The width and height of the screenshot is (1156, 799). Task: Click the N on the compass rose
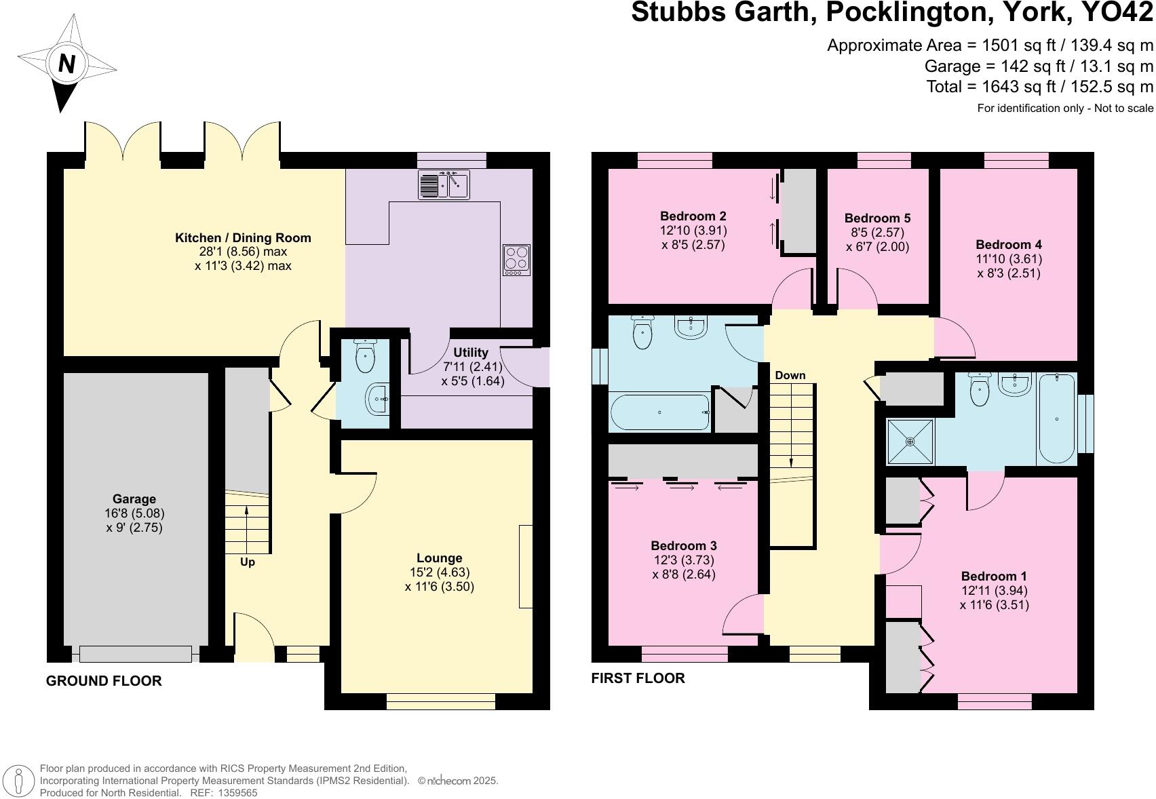(66, 64)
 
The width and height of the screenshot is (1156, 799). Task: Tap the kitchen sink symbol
(444, 184)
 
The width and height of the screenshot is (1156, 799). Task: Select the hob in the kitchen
(516, 260)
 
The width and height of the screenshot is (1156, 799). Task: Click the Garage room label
(134, 499)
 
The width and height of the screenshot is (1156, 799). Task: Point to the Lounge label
(439, 558)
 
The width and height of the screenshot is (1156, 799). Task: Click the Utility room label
(470, 352)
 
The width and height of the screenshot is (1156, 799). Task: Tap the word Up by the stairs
(248, 562)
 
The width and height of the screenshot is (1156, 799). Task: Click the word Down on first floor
(790, 375)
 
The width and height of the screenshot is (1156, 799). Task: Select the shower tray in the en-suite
(910, 442)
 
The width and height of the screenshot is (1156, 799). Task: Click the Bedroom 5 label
(877, 218)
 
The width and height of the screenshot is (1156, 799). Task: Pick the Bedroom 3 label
(683, 546)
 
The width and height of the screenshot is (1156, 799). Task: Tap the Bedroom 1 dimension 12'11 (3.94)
(994, 591)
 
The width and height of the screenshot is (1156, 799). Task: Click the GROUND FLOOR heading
(104, 681)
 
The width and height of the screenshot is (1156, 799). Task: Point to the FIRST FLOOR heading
(638, 678)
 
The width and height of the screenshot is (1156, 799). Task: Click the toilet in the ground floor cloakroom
(365, 357)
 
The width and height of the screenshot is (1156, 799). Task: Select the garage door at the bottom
(136, 654)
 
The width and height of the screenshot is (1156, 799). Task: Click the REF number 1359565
(234, 792)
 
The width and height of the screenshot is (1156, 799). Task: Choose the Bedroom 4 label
(1008, 245)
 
